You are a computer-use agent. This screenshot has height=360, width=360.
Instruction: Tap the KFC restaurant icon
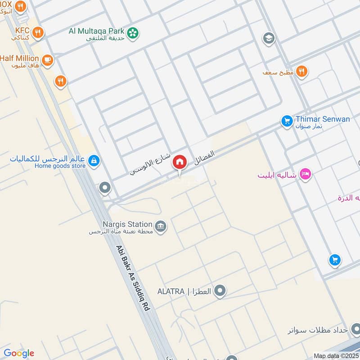pyautogui.click(x=38, y=32)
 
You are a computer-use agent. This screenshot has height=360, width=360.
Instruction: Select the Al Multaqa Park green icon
pyautogui.click(x=133, y=32)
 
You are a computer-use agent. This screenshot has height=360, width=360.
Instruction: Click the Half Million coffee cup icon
pyautogui.click(x=47, y=59)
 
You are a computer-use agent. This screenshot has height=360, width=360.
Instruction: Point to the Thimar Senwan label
pyautogui.click(x=323, y=119)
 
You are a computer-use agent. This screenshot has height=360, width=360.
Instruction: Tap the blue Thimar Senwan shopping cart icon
pyautogui.click(x=287, y=121)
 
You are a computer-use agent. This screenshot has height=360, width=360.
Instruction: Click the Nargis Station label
pyautogui.click(x=127, y=224)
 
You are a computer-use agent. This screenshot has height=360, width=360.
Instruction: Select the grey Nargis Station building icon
pyautogui.click(x=160, y=225)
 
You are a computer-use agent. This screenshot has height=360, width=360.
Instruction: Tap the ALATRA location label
pyautogui.click(x=184, y=291)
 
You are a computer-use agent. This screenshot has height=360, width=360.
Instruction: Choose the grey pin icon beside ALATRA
pyautogui.click(x=220, y=291)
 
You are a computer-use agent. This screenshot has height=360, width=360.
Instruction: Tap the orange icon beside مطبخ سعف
pyautogui.click(x=301, y=71)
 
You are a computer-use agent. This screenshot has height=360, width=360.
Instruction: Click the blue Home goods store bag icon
pyautogui.click(x=94, y=160)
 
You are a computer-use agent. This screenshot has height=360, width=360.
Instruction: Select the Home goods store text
pyautogui.click(x=60, y=166)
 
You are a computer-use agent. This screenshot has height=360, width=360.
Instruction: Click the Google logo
pyautogui.click(x=18, y=353)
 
